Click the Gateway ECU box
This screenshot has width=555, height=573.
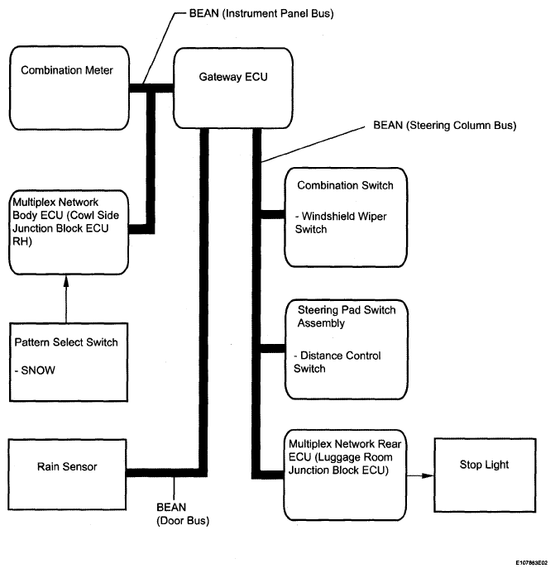233,88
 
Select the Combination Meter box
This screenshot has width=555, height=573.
69,88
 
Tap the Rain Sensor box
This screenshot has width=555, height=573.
67,475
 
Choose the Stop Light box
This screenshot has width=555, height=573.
485,475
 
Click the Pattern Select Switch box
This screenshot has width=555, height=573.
69,362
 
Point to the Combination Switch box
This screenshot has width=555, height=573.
346,217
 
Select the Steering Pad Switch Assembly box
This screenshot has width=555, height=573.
347,350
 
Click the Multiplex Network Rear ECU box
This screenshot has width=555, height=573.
345,475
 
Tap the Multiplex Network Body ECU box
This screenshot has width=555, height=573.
69,232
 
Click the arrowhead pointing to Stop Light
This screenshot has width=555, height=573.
428,475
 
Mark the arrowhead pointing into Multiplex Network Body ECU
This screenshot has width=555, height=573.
66,281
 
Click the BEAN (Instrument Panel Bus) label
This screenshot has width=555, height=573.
261,13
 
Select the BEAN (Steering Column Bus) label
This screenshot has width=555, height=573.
445,126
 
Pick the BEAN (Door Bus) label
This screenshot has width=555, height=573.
183,513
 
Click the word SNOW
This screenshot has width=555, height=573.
38,370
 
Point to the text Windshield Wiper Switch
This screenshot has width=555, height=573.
341,222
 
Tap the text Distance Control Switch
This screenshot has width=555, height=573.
337,362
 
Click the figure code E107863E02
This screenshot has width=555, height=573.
532,563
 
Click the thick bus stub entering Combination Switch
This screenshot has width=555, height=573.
273,214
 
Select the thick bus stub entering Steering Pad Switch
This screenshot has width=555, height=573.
273,348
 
